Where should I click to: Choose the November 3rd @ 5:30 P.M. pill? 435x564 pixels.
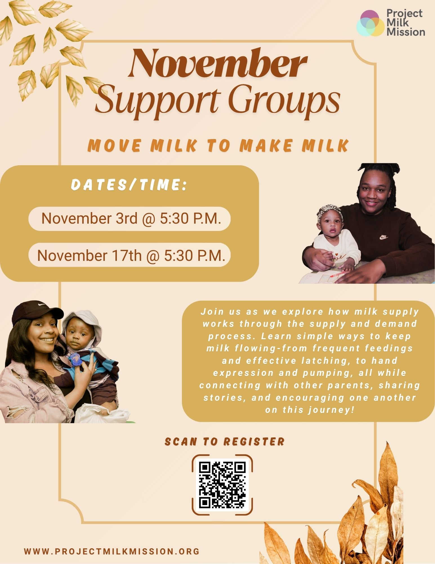click(130, 219)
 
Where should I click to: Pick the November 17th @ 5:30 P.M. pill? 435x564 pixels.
click(130, 255)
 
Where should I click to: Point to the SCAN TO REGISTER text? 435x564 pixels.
click(224, 442)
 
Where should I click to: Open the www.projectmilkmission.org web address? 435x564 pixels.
click(112, 551)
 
